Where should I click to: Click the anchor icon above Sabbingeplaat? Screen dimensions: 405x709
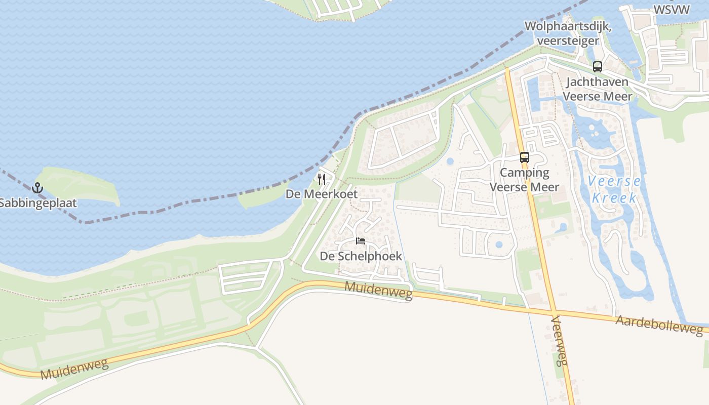coord(37,188)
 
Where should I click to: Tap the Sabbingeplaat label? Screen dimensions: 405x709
coord(38,203)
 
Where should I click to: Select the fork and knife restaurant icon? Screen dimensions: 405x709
coord(322,179)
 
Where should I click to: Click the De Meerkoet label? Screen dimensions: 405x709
coord(322,194)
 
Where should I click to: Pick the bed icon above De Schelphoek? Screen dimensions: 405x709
coord(361,241)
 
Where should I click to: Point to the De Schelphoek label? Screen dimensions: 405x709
coord(361,256)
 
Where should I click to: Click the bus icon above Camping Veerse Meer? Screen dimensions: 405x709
coord(525,157)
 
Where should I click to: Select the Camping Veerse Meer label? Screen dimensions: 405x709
coord(525,180)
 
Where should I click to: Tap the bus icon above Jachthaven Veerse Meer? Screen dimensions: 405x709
coord(598,66)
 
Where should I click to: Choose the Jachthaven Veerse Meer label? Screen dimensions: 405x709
coord(598,89)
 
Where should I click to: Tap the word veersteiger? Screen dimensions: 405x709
coord(568,40)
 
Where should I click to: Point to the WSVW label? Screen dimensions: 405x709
coord(671,10)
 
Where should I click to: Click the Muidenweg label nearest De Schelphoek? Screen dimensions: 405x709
coord(378,291)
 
